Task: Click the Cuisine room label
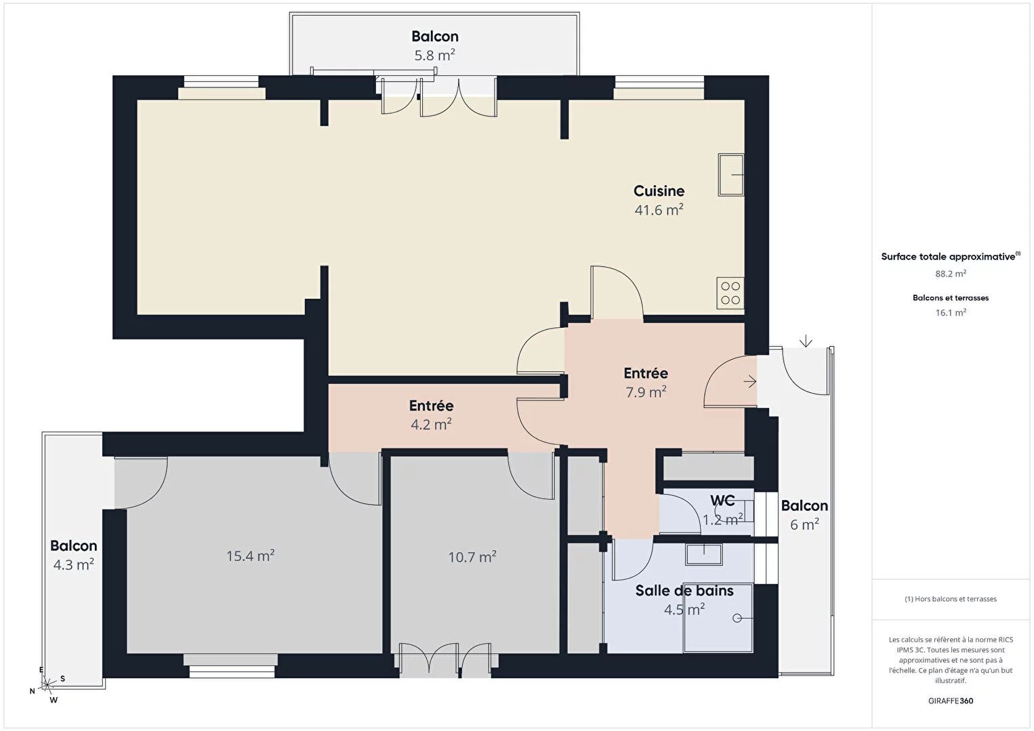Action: point(659,190)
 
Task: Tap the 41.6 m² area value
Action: point(659,210)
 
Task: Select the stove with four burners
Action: point(730,293)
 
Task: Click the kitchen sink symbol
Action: point(730,175)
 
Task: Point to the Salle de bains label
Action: point(684,591)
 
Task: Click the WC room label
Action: point(722,500)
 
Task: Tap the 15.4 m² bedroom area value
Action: point(250,556)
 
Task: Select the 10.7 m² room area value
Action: point(472,557)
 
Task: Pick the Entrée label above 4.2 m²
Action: point(431,406)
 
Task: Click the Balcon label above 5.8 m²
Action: point(435,36)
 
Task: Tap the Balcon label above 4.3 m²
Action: point(73,545)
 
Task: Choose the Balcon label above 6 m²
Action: point(804,505)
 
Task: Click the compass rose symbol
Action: point(47,684)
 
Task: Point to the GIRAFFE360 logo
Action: point(951,701)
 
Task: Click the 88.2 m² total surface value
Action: point(951,273)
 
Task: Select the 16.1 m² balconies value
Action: point(951,312)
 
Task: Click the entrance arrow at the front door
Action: point(750,381)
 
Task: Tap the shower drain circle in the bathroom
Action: point(737,618)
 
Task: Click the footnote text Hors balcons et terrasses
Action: point(951,598)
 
